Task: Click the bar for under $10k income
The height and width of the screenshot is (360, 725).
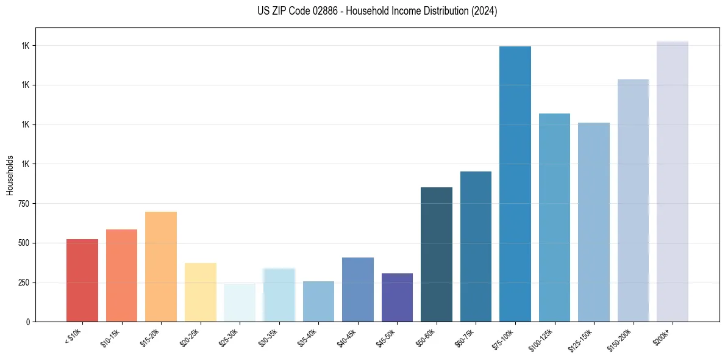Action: click(x=82, y=281)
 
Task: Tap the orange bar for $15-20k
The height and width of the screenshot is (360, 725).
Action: click(x=161, y=267)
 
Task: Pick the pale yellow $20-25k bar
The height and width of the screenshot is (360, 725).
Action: click(x=200, y=292)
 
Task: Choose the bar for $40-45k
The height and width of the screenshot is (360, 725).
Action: click(x=358, y=290)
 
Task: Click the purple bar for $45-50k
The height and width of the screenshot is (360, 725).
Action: click(x=397, y=298)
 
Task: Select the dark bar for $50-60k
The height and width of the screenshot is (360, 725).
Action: click(x=437, y=254)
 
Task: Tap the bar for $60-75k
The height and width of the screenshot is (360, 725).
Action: click(x=476, y=247)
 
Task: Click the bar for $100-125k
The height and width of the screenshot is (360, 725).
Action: click(x=554, y=218)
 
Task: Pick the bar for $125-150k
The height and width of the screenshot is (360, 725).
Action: click(x=594, y=222)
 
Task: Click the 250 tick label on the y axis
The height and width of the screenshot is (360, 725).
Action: click(x=24, y=283)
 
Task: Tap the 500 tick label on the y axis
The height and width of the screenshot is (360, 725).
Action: click(x=24, y=243)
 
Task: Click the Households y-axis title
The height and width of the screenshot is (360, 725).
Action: click(x=10, y=175)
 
